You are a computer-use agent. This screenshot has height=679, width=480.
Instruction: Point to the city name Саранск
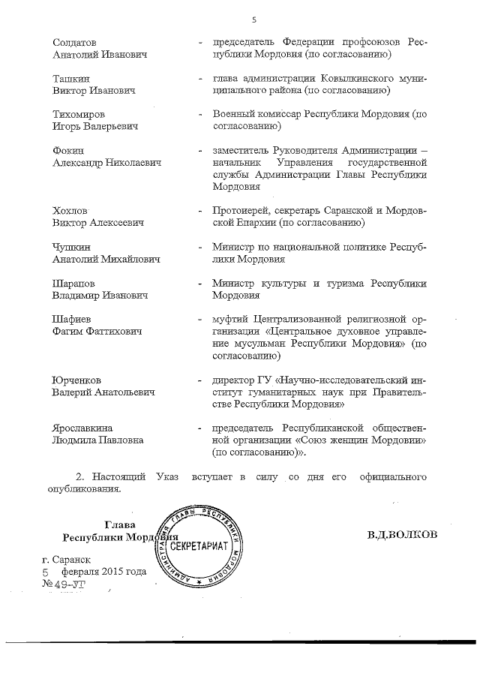[x=73, y=559]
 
